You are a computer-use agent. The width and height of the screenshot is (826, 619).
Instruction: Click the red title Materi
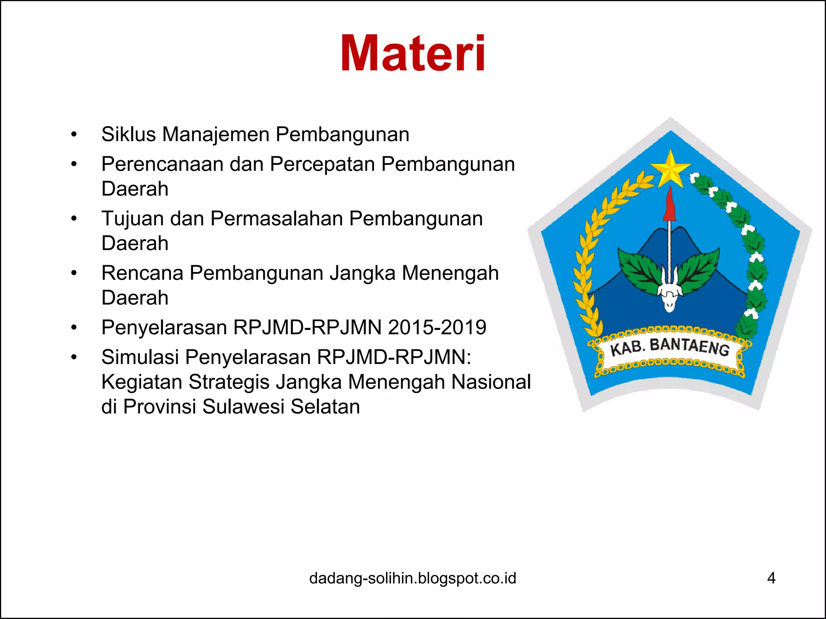(413, 54)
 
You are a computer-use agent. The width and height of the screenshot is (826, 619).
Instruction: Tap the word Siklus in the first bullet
(128, 134)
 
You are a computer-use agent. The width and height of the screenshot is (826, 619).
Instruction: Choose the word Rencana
(142, 273)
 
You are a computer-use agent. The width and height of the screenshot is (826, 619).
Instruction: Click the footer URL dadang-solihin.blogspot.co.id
(413, 578)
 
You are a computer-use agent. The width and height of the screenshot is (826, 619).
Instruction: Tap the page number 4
(771, 578)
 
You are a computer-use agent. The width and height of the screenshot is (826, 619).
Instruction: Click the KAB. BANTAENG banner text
(670, 347)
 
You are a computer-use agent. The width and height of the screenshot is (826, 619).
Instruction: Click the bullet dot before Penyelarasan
(74, 328)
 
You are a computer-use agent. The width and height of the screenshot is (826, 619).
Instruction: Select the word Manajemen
(216, 134)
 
